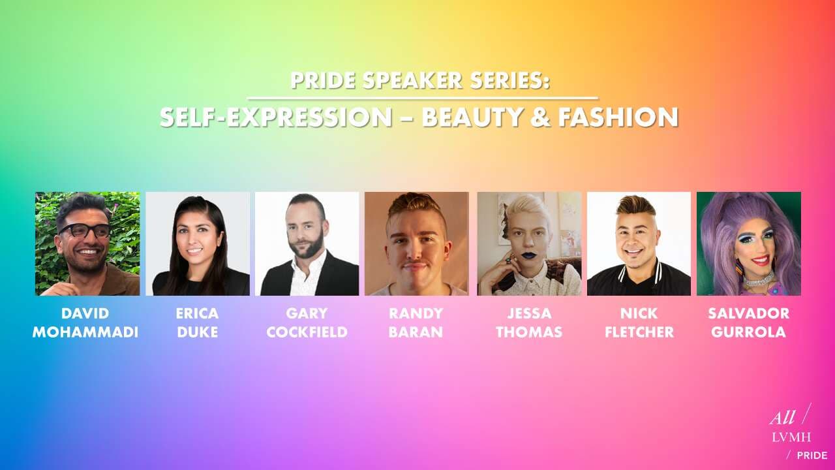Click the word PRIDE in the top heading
[323, 80]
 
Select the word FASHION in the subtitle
[618, 117]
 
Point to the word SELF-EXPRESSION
[276, 117]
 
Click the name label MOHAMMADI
[85, 332]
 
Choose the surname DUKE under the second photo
[198, 332]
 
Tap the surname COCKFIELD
[307, 332]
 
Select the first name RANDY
[416, 313]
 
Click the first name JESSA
[529, 313]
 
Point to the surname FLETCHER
[639, 332]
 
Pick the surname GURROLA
[748, 332]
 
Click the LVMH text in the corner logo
[791, 437]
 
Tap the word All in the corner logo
[780, 418]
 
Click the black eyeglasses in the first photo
[85, 230]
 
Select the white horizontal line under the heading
[423, 99]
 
